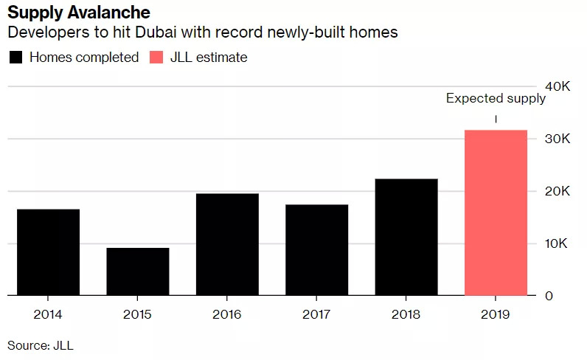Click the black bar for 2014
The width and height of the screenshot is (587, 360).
pos(48,252)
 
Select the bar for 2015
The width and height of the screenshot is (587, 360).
pos(138,271)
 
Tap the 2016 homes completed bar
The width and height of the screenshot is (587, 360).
pos(227,244)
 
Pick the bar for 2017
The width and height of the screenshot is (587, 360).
pos(317,250)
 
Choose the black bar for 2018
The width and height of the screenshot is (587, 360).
pos(406,237)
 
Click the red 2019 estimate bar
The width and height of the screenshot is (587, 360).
pos(496,212)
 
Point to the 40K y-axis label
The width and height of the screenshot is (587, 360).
pos(557,86)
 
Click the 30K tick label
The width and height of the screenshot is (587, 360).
pos(557,139)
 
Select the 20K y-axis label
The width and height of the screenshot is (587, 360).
pos(557,191)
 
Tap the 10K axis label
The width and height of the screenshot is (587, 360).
pos(557,243)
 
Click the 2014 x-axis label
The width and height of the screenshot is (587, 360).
pos(48,314)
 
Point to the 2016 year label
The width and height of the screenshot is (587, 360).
pos(227,314)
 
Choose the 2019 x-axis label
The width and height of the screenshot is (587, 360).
pos(496,314)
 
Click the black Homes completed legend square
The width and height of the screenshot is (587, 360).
pos(15,58)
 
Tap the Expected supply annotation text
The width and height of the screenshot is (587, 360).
pos(496,98)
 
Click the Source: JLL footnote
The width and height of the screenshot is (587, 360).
pos(41,345)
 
